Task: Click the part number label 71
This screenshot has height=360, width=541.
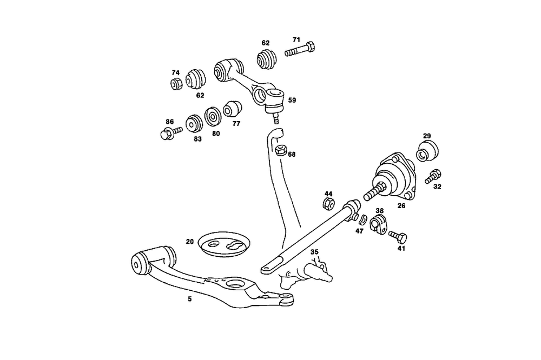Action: [296, 39]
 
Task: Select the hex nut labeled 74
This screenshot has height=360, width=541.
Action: [175, 84]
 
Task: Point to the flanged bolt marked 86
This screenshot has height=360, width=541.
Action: [167, 133]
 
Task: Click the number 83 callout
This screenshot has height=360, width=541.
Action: [197, 139]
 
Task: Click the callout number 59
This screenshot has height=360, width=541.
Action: [292, 100]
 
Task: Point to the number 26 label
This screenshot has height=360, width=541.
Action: [401, 205]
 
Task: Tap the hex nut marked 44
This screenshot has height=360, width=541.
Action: [328, 204]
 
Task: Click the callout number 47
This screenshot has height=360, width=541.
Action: [359, 231]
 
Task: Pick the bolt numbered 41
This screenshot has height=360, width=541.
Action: [399, 236]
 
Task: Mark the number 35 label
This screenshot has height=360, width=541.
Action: [314, 251]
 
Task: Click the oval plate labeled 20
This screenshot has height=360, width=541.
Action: [224, 244]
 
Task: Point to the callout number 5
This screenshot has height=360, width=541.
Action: [190, 298]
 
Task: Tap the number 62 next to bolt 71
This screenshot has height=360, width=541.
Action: [265, 43]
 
